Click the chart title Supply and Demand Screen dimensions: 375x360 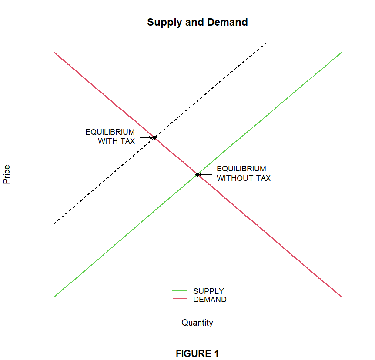(197, 22)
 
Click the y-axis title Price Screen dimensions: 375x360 (7, 174)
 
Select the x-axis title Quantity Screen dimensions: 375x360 (197, 323)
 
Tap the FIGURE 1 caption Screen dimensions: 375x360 (197, 354)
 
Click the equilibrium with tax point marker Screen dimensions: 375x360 (154, 137)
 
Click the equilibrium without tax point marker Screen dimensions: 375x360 (197, 174)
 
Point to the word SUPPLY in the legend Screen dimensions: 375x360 (208, 291)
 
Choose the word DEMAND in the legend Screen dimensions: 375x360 (210, 300)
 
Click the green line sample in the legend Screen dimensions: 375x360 (179, 290)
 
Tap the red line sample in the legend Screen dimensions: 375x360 (179, 299)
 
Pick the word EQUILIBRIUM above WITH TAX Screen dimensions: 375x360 (110, 132)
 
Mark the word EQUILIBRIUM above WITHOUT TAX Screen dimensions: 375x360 (241, 169)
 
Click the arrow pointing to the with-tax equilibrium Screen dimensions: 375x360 (147, 137)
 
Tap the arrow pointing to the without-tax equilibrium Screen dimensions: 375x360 (205, 175)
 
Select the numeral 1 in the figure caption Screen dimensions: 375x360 (216, 354)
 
